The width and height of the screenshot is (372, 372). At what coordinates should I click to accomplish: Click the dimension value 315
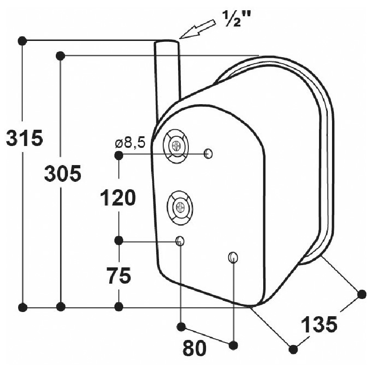[x=25, y=138]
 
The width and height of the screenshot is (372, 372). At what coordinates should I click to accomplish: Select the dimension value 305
[x=63, y=173]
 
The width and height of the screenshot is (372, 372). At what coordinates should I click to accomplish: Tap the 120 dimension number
[x=118, y=197]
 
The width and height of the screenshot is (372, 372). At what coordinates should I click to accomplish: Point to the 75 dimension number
[x=119, y=275]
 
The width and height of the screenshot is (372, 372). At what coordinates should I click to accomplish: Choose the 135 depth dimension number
[x=319, y=325]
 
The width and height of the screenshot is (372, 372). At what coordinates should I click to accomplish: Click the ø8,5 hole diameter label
[x=130, y=143]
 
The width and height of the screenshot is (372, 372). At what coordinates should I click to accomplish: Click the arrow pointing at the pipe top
[x=198, y=29]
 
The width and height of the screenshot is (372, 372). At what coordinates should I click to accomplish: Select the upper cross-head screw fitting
[x=176, y=146]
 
